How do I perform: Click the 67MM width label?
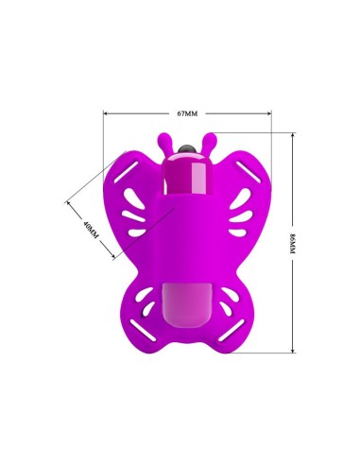coord(187,113)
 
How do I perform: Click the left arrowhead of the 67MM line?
coord(106,114)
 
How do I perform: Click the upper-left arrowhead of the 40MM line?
coord(69,201)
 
